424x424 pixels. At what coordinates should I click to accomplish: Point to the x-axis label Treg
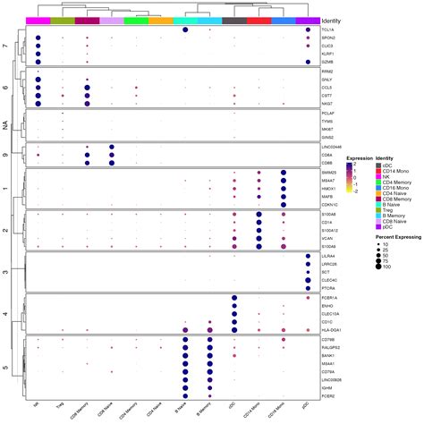tap(60, 407)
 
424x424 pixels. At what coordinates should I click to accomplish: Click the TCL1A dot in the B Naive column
tap(184, 30)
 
